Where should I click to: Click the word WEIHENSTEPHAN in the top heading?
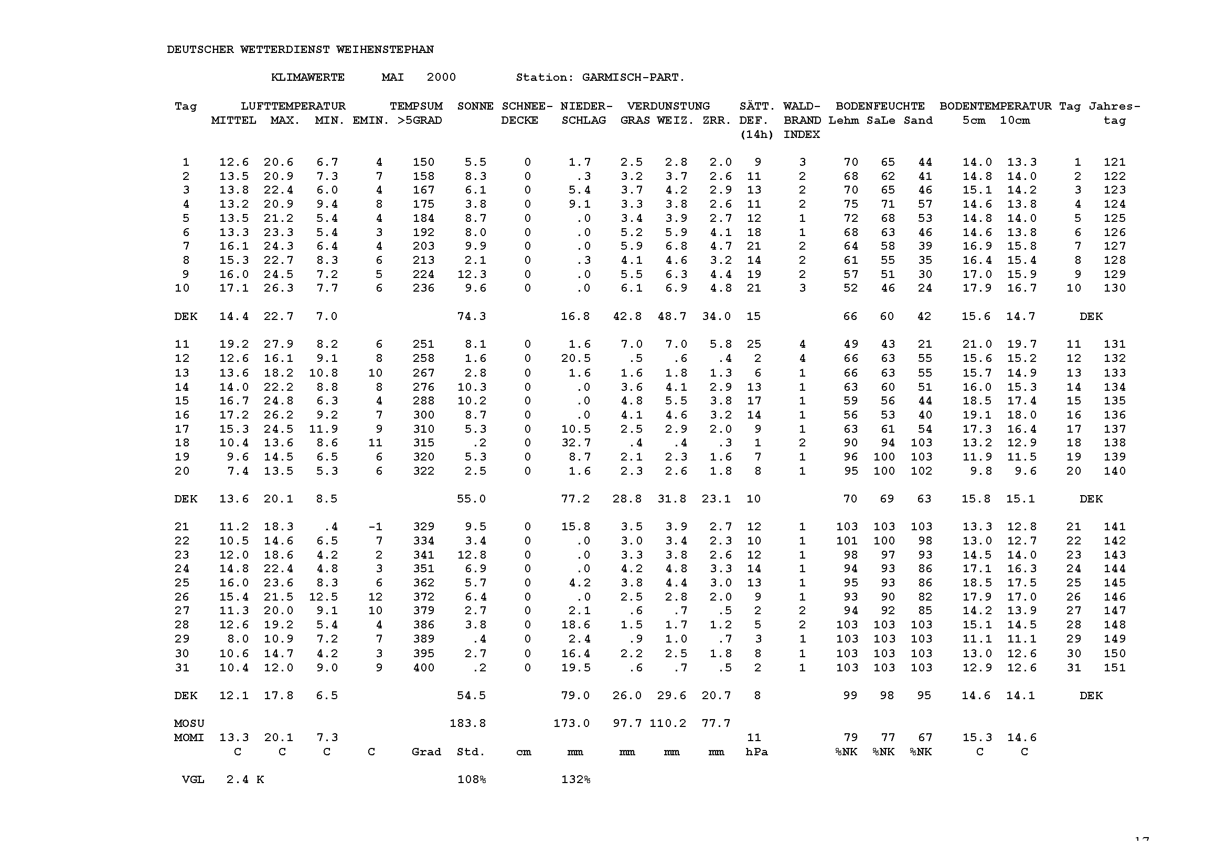(x=385, y=50)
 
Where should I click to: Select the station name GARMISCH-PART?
(x=633, y=78)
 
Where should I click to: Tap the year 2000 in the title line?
(x=441, y=78)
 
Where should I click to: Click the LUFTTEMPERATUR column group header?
(x=293, y=106)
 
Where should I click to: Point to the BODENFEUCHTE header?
(x=880, y=106)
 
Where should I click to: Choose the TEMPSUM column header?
(x=416, y=106)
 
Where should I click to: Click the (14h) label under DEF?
(x=756, y=135)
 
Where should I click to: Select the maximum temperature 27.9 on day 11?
(x=279, y=345)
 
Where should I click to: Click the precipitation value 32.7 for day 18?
(x=575, y=443)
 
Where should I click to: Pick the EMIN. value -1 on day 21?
(x=375, y=527)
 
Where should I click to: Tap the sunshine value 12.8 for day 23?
(x=472, y=555)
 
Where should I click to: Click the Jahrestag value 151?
(x=1114, y=668)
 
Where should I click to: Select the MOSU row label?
(x=189, y=723)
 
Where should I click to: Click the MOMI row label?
(x=189, y=738)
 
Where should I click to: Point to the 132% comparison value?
(x=575, y=779)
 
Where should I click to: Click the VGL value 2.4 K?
(x=245, y=779)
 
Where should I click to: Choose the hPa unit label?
(x=756, y=752)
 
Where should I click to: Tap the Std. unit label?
(x=470, y=752)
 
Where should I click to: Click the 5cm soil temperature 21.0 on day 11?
(x=977, y=345)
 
